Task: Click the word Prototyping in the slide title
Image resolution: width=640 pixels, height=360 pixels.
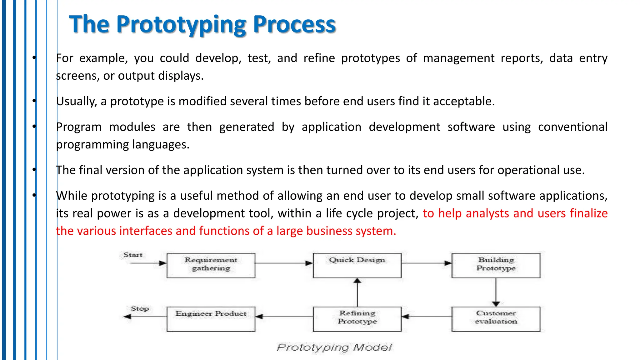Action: (181, 25)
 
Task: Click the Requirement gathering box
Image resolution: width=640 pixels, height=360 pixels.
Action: (211, 265)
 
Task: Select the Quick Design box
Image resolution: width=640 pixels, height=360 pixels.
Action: (357, 265)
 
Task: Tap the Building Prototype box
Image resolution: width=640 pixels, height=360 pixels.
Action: (496, 265)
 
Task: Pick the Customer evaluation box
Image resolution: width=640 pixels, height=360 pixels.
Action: (496, 319)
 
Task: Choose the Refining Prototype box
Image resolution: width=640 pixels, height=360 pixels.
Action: (357, 319)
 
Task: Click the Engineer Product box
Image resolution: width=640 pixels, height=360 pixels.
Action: (211, 319)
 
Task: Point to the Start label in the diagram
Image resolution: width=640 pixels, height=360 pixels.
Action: (133, 255)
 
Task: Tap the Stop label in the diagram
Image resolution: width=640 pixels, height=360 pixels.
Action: (140, 309)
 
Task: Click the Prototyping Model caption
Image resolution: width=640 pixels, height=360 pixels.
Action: (334, 347)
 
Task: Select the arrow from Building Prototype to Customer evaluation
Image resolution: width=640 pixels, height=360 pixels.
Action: (496, 292)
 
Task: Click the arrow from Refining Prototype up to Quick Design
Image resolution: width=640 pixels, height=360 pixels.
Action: (357, 292)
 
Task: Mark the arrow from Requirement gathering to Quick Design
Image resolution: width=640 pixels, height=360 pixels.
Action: (284, 263)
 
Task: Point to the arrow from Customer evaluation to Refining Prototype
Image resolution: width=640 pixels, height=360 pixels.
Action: (426, 317)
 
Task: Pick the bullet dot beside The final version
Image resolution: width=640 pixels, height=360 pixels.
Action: (34, 170)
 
